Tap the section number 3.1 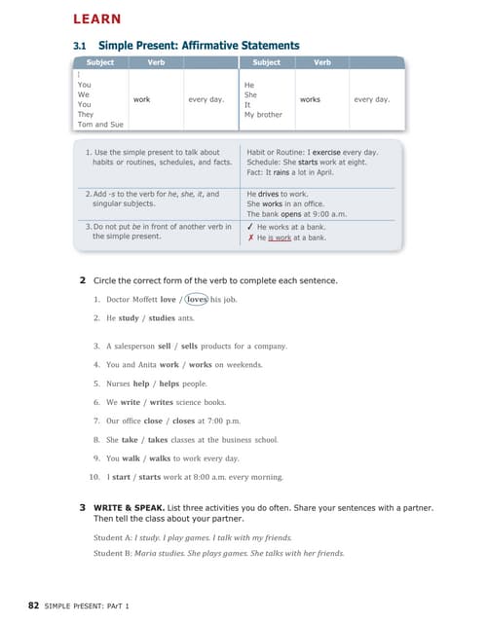(x=81, y=46)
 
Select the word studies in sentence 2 (x=162, y=317)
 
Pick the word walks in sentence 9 (x=161, y=458)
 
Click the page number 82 (x=34, y=605)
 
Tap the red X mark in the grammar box (x=250, y=237)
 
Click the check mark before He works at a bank (x=250, y=226)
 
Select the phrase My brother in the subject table (x=263, y=115)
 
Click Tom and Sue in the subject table (x=98, y=125)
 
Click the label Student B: (x=113, y=553)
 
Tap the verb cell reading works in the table (x=311, y=99)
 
